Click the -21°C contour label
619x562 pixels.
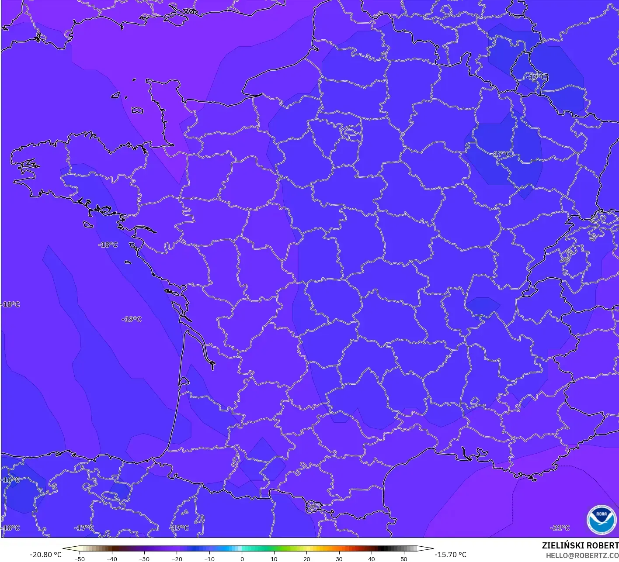560,528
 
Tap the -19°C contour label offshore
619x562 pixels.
132,319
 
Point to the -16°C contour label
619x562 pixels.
10,480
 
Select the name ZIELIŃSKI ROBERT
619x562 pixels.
580,545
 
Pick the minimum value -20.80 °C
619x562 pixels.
46,555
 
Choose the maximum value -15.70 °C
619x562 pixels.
451,555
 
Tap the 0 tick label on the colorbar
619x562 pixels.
242,559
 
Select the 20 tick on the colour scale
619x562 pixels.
307,559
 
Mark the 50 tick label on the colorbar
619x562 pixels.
404,559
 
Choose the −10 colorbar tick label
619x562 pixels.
209,559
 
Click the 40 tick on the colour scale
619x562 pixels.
372,559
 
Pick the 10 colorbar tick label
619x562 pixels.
274,559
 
